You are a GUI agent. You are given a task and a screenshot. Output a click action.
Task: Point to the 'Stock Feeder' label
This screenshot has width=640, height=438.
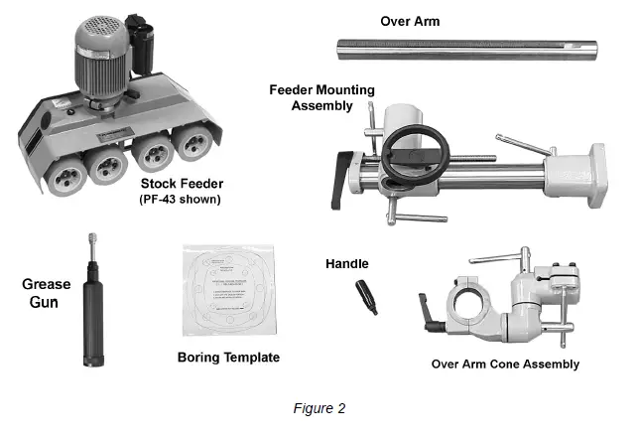pos(184,184)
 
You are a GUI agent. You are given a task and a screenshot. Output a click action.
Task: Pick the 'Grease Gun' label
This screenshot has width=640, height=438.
pos(46,292)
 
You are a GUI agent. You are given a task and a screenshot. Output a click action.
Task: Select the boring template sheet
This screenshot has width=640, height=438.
pos(226,288)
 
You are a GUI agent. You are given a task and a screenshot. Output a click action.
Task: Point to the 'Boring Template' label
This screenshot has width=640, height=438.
pos(227,357)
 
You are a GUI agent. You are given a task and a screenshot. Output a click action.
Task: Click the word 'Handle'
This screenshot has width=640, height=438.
pos(346,264)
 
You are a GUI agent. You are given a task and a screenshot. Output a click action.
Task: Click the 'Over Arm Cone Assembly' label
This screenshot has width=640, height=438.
pos(504,364)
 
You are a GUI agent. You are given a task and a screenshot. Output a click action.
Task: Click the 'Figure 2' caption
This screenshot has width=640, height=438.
pos(319,407)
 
